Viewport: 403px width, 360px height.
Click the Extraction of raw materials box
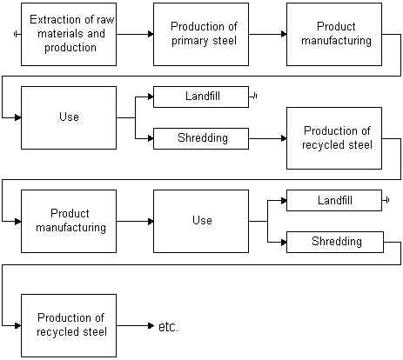[x=69, y=34]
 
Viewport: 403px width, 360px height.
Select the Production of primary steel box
[x=201, y=34]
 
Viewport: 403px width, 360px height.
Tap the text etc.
[x=168, y=327]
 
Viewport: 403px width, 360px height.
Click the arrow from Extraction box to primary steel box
[x=135, y=34]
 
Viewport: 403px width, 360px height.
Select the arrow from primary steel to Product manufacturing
[x=268, y=34]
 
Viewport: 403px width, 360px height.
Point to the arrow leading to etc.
[x=135, y=326]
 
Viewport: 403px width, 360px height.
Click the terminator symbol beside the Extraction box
[x=17, y=34]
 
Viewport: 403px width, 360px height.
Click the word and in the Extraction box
[x=96, y=34]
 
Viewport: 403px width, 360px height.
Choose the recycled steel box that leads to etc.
[x=69, y=325]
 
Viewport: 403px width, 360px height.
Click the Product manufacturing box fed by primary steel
[x=334, y=34]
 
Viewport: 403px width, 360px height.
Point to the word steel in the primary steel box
[x=225, y=41]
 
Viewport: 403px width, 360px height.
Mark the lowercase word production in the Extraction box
[x=71, y=48]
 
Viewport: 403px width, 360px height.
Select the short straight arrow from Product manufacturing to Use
[x=135, y=222]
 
